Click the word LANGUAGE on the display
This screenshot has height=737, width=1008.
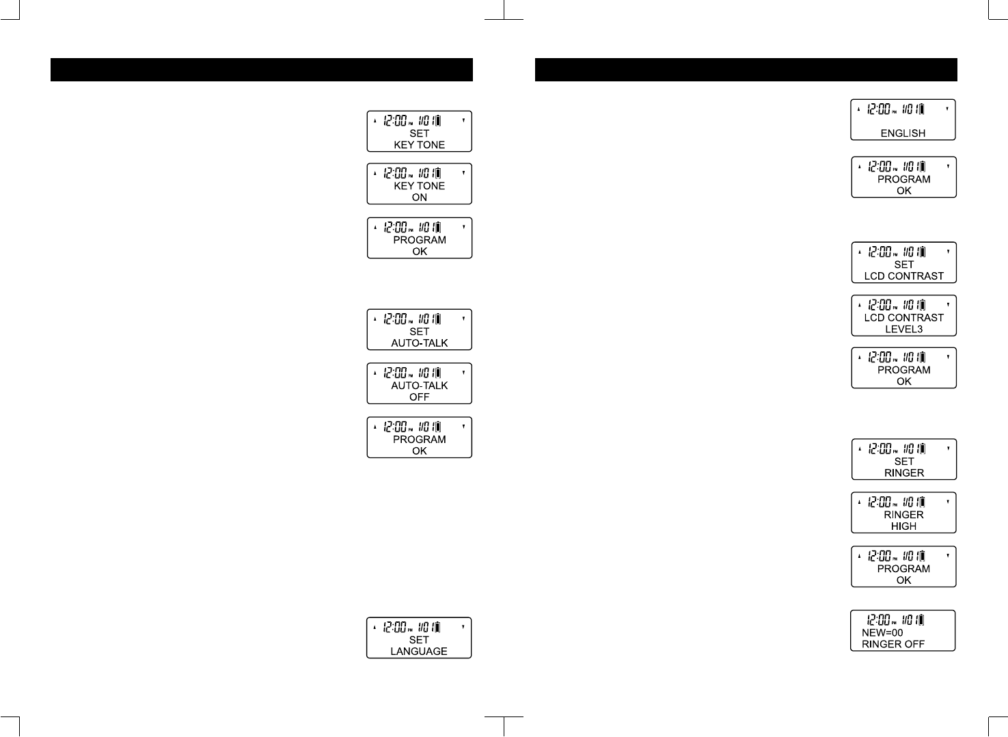click(419, 652)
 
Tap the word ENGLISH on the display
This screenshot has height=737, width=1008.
click(903, 133)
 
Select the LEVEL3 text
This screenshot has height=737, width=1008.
click(903, 329)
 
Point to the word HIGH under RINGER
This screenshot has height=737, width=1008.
click(903, 526)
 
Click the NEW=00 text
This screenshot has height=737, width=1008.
click(882, 633)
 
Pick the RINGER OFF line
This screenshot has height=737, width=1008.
click(893, 644)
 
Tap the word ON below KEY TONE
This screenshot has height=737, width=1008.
click(419, 198)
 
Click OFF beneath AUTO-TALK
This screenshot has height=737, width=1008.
click(419, 397)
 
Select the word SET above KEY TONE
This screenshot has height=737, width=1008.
click(419, 133)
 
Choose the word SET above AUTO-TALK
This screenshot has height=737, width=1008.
click(419, 332)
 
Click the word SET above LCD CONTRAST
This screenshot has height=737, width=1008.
click(903, 265)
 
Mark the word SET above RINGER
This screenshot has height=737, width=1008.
click(903, 461)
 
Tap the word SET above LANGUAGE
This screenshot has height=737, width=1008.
click(419, 640)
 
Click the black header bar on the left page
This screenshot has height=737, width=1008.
click(262, 70)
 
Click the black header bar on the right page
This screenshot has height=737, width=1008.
click(746, 70)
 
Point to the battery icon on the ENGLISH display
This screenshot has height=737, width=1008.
click(921, 109)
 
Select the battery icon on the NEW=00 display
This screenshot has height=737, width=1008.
click(921, 620)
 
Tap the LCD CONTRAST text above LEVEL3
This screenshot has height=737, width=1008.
click(903, 318)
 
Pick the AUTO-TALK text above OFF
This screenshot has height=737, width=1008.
click(419, 386)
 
